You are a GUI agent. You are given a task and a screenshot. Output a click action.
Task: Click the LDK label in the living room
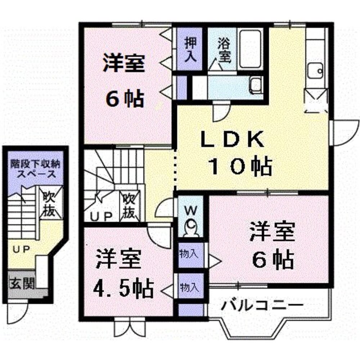point(232,139)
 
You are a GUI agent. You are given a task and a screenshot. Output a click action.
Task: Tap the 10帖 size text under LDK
point(240,166)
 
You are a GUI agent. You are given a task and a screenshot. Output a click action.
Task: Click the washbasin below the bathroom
point(256,85)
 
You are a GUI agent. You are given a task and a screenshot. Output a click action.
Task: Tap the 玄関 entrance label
point(22,284)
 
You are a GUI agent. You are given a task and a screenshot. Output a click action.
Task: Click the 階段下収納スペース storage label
point(35,168)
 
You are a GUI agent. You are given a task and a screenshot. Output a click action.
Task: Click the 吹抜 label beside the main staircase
point(129,206)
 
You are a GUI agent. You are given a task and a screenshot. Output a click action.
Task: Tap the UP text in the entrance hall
point(21,249)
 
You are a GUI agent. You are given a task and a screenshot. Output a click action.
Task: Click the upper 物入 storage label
point(189,254)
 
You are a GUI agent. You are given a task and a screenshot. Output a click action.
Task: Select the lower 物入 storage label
point(189,287)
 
